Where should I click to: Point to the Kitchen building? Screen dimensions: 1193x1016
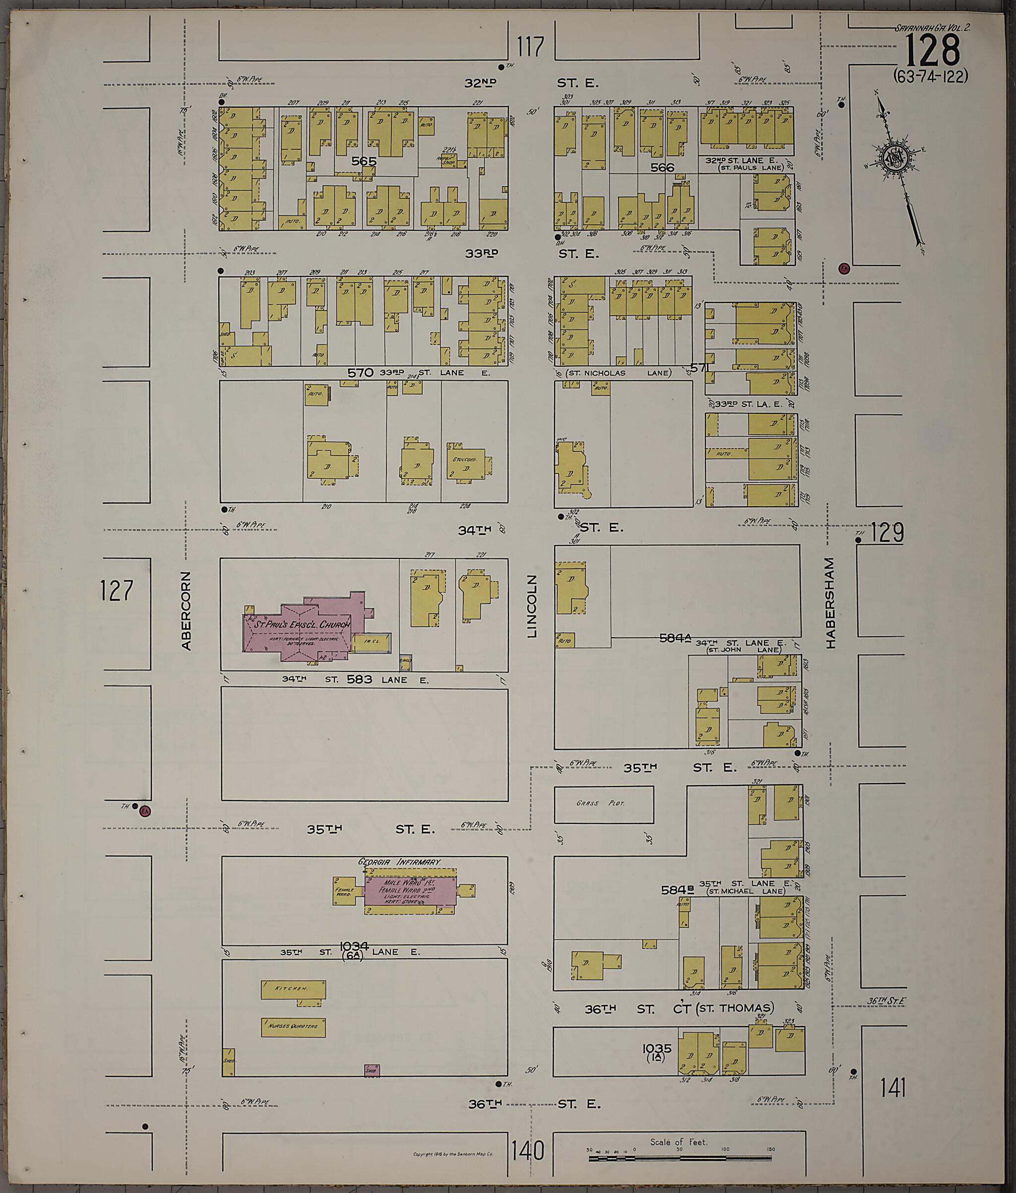(x=293, y=989)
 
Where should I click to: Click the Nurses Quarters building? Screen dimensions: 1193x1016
(x=293, y=1027)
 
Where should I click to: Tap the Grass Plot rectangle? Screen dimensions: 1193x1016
(x=603, y=804)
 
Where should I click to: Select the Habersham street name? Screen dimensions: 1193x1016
(x=830, y=602)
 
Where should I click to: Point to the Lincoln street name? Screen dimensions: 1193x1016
(x=531, y=606)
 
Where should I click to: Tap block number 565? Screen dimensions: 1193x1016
(x=364, y=161)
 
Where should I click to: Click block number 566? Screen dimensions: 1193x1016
(x=662, y=168)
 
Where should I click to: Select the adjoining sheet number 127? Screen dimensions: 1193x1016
(x=116, y=591)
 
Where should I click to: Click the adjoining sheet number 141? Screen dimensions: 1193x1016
(x=893, y=1088)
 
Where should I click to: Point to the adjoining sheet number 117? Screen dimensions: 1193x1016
(x=530, y=47)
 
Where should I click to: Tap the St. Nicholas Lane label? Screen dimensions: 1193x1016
(x=618, y=373)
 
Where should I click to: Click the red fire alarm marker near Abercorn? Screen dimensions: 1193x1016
(x=144, y=811)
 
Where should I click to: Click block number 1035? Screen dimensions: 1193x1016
(x=657, y=1049)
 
